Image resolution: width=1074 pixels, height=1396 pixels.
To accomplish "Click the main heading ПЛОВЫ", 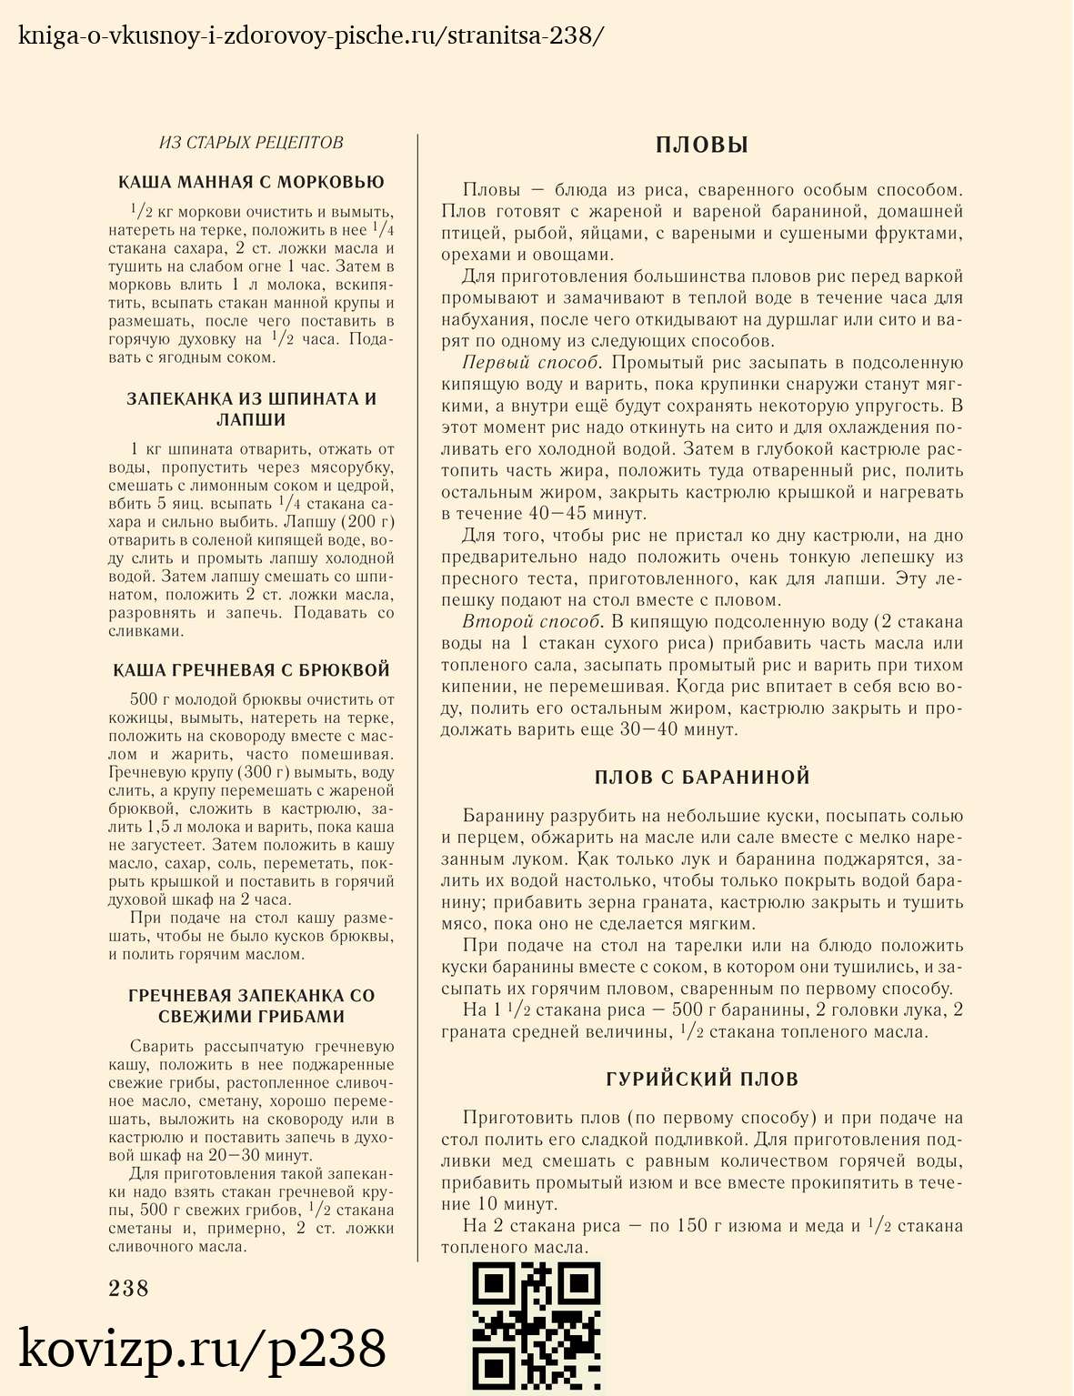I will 701,146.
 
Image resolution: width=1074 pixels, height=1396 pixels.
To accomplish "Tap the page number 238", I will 128,1288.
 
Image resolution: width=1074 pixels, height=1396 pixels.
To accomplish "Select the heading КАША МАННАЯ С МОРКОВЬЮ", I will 251,182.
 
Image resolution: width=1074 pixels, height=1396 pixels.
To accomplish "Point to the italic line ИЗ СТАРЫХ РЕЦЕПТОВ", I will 251,143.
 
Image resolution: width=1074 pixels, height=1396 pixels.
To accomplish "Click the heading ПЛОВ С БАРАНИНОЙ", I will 701,778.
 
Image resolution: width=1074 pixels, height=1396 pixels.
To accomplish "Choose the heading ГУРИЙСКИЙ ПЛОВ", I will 701,1080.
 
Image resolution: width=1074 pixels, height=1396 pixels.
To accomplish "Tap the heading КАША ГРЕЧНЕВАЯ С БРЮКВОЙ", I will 251,670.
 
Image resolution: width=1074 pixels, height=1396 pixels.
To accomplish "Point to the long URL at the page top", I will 310,36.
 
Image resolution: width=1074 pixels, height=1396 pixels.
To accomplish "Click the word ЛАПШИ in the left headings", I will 251,420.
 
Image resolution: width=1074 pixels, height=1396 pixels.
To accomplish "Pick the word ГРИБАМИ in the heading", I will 296,1017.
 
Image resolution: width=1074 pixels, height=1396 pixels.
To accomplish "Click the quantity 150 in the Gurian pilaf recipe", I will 692,1226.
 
